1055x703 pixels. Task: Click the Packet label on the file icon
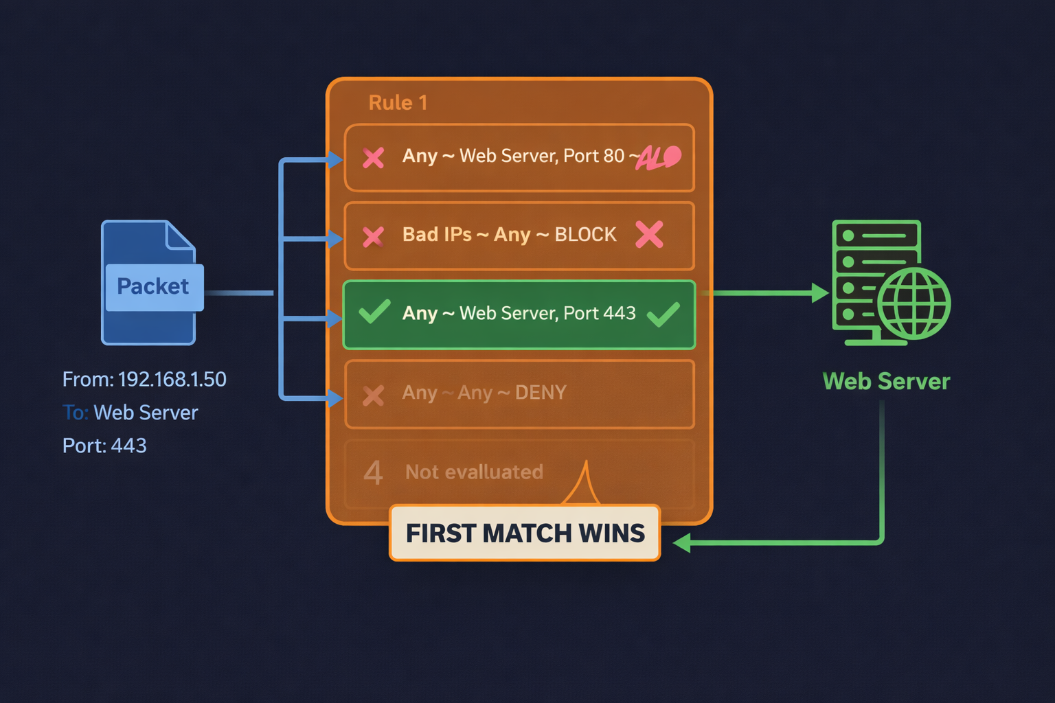153,286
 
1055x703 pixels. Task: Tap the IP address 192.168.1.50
172,379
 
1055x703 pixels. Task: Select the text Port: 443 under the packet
104,446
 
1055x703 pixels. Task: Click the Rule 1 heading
398,103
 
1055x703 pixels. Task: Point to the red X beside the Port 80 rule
374,158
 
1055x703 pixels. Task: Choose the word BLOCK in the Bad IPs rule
585,235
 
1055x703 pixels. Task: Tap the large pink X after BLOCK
649,235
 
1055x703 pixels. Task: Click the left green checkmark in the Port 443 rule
375,312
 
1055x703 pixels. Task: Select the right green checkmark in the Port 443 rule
663,314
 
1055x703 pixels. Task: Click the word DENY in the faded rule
541,393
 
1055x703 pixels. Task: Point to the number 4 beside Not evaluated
373,472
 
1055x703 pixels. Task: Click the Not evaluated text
474,472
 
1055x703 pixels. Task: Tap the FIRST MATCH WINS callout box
525,533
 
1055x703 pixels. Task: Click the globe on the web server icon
914,303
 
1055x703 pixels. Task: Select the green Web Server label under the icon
886,381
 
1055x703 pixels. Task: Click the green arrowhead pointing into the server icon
820,293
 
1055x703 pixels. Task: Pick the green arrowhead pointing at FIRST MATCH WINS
682,543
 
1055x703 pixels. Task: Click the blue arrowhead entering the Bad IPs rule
335,239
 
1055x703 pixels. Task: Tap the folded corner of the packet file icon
181,235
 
